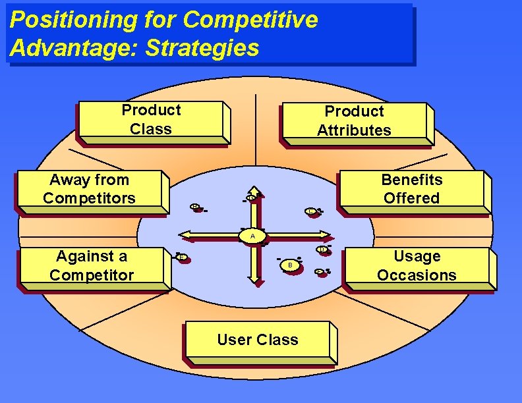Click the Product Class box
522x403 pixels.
(151, 120)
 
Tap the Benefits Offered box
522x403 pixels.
(411, 190)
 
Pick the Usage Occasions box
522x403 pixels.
(417, 266)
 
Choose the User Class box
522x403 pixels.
(258, 340)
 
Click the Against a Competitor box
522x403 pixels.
(92, 266)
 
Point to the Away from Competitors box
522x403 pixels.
(90, 189)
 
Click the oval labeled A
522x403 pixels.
(252, 236)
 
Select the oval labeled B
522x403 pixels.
(289, 265)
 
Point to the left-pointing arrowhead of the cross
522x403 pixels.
(185, 234)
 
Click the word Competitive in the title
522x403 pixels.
(250, 20)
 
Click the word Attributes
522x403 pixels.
(354, 130)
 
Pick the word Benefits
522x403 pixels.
(412, 180)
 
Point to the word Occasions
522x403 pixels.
(417, 275)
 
